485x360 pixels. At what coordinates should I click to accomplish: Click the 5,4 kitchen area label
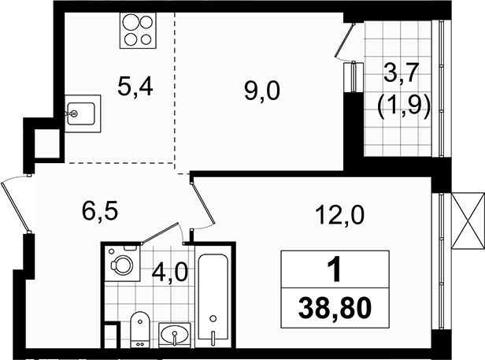[135, 87]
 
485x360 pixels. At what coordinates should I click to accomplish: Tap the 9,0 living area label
[262, 91]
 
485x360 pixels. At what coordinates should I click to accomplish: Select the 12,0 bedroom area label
[339, 215]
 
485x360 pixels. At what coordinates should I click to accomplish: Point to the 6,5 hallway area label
[100, 211]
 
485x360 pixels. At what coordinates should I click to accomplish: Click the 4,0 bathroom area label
[170, 273]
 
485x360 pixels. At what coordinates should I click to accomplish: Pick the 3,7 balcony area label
[402, 72]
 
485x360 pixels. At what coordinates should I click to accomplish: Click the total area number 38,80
[335, 308]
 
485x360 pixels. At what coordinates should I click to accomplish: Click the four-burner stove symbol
[138, 31]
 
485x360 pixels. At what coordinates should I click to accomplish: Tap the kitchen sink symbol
[83, 113]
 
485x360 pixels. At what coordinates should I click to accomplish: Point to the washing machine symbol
[123, 263]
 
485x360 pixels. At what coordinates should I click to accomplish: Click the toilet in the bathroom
[140, 329]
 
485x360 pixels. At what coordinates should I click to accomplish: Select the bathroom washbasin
[175, 335]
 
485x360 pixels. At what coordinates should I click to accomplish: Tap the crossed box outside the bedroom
[468, 221]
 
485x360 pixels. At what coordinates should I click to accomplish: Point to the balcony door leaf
[345, 40]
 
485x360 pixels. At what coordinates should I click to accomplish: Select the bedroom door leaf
[203, 203]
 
